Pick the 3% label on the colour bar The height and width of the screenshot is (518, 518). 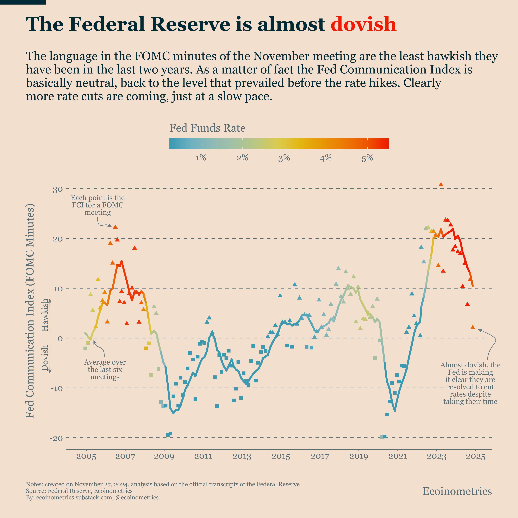click(284, 158)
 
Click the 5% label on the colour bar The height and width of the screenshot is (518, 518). click(367, 158)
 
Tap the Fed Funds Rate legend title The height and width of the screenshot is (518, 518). click(207, 128)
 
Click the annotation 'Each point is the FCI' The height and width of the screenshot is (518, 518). click(98, 205)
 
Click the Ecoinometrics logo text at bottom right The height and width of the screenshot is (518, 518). click(457, 491)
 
